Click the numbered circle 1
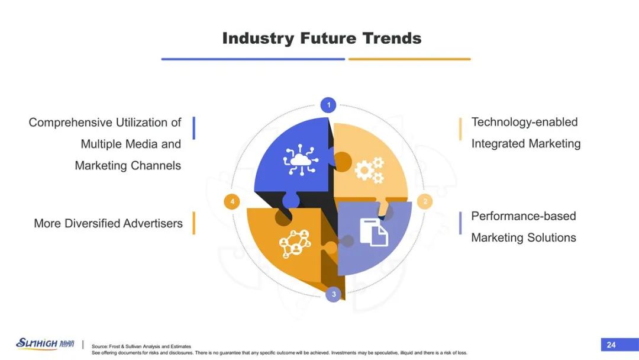[328, 105]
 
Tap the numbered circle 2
[425, 201]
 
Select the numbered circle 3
[333, 294]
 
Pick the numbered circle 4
[232, 201]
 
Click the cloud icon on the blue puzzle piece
[301, 159]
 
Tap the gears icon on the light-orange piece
[369, 170]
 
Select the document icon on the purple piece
[374, 232]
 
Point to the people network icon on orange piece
[295, 243]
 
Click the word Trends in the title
[392, 38]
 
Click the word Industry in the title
[258, 38]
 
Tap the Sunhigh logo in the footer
[45, 343]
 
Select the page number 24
[611, 345]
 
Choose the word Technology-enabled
[524, 123]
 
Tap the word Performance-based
[524, 216]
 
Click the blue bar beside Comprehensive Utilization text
[194, 128]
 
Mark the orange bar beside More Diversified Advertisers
[194, 223]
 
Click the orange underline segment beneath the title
[409, 59]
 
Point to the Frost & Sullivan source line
[141, 346]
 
